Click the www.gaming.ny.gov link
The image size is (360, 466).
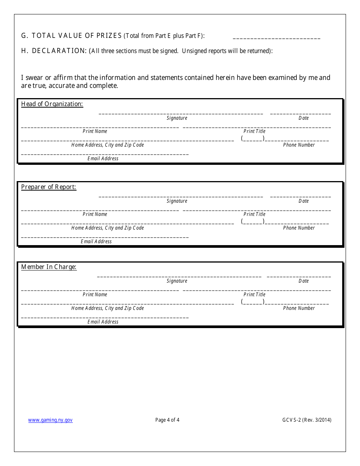coord(50,420)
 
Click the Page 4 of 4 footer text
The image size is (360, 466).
coord(167,420)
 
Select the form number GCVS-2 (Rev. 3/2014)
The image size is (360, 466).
coord(307,420)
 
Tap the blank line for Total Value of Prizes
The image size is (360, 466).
coord(276,38)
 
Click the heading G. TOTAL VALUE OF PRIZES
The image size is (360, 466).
coord(72,36)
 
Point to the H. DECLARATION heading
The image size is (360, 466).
coord(54,51)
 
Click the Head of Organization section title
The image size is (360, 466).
coord(52,104)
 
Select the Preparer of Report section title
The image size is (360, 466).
coord(49,187)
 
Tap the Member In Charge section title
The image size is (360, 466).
coord(49,267)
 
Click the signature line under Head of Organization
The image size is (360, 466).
coord(181,113)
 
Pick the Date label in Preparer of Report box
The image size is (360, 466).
coord(304,201)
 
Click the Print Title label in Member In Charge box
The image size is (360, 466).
coord(254,295)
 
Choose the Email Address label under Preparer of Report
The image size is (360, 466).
coord(96,242)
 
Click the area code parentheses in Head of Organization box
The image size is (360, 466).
coord(253,139)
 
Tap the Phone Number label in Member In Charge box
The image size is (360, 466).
coord(299,308)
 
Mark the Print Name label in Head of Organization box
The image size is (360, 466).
coord(95,131)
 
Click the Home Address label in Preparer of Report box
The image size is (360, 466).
coord(108,228)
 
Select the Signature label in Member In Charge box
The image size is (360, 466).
coord(177,281)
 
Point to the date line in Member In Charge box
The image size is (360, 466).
coord(299,277)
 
